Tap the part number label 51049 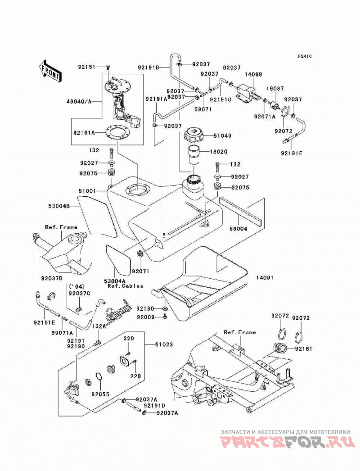[222, 136]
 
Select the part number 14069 [253, 74]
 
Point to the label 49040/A [78, 101]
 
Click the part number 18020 [218, 152]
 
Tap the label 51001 [87, 191]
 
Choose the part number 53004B [59, 206]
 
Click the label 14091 [265, 278]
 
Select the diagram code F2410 [305, 56]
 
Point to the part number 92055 [100, 394]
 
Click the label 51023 [164, 344]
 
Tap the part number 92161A [84, 132]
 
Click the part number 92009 [145, 317]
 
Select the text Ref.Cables [126, 286]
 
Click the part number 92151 [87, 67]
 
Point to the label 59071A [62, 333]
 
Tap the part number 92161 [303, 349]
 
